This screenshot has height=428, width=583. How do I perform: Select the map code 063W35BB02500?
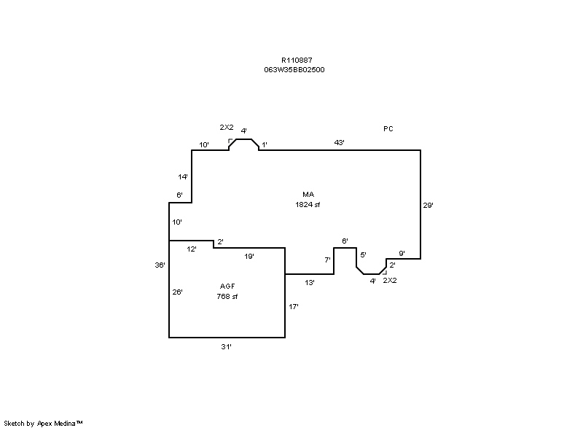coord(294,70)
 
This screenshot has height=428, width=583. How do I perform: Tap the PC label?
coord(388,129)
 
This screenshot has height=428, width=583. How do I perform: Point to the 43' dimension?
coord(339,143)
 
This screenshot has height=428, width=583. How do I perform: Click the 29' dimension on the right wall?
coord(429,206)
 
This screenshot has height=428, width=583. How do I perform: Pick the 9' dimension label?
coord(402,254)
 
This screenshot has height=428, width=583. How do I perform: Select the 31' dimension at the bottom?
coord(227,347)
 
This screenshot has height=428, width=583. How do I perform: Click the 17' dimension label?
coord(294,307)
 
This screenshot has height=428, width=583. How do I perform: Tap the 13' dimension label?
coord(310,282)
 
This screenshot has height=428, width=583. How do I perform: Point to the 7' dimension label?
coord(327,260)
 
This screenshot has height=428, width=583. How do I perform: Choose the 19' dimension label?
coord(249,256)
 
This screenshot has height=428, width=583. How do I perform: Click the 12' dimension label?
coord(192,249)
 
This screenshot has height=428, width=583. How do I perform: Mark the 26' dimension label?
coord(177,292)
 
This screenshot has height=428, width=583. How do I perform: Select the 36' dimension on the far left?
coord(160,265)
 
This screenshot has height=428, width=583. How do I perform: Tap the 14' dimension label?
coord(184,177)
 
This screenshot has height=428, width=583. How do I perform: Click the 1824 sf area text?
coord(308,205)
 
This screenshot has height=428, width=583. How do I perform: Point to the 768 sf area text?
coord(227,297)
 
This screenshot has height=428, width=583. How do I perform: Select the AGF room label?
coord(227,287)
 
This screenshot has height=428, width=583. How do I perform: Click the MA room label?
coord(308,195)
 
